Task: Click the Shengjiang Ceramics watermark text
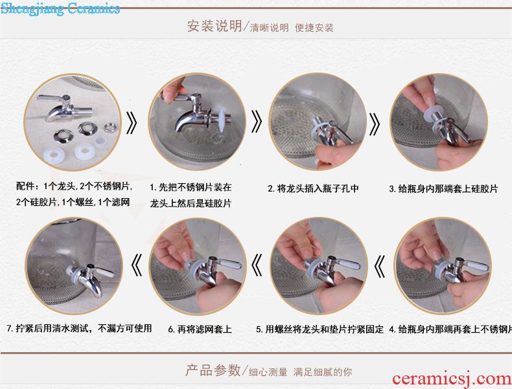(x=60, y=8)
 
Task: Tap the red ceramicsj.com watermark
(x=452, y=379)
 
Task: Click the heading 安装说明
(x=215, y=26)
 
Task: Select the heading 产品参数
(x=213, y=370)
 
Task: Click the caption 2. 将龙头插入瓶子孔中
(x=313, y=188)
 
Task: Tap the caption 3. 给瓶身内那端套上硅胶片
(x=443, y=189)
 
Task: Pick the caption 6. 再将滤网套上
(x=200, y=329)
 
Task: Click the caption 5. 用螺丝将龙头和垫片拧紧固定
(x=320, y=329)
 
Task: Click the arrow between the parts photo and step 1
(x=132, y=123)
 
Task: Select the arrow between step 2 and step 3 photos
(x=374, y=124)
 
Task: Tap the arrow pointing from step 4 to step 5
(x=379, y=266)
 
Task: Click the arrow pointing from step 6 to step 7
(x=137, y=265)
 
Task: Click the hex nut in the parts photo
(x=111, y=127)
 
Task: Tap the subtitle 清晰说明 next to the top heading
(x=270, y=28)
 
